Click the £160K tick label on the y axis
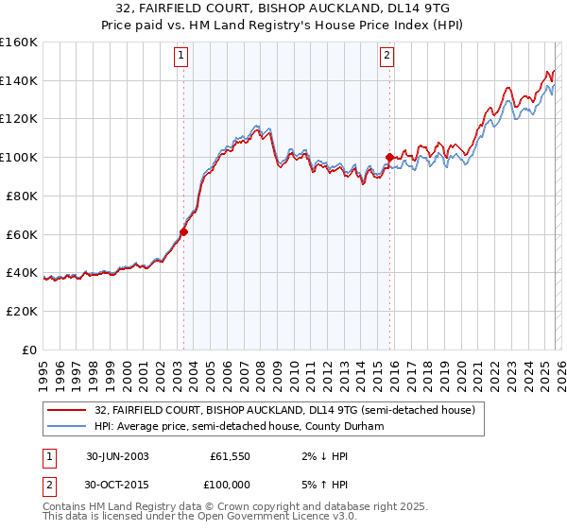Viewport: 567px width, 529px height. tap(19, 43)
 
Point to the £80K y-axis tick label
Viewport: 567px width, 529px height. tap(22, 196)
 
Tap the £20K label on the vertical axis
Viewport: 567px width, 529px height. tap(22, 311)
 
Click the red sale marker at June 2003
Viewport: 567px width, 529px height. tap(184, 230)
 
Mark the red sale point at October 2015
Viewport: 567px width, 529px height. tap(389, 157)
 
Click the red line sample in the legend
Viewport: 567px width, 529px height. tap(67, 410)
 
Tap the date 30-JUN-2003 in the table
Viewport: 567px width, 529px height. tap(117, 456)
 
